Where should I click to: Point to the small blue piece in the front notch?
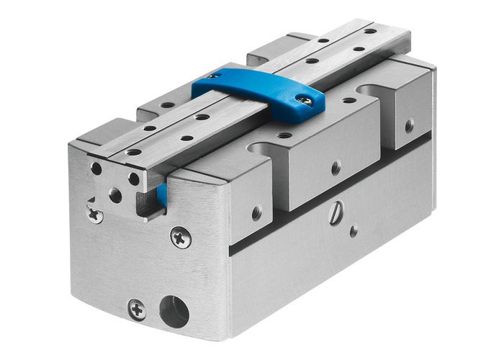[x=162, y=194]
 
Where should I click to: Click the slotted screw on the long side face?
[x=336, y=215]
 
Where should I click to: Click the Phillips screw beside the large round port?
[x=137, y=310]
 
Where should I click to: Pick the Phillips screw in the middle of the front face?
[x=181, y=237]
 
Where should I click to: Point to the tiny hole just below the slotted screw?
[x=353, y=231]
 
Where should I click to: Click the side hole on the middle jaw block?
[x=336, y=168]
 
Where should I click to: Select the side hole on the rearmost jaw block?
[x=409, y=125]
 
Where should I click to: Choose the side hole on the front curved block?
[x=256, y=213]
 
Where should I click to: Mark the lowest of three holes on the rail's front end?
[x=115, y=194]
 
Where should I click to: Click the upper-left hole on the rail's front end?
[x=96, y=168]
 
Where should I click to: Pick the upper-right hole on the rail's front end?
[x=134, y=179]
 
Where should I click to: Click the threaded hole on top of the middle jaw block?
[x=284, y=135]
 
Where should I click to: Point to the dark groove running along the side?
[x=338, y=194]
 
